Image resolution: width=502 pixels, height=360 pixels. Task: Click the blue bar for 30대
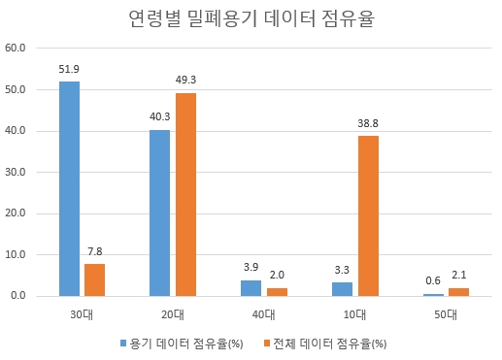click(x=69, y=188)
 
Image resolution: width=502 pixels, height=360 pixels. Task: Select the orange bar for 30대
click(x=94, y=279)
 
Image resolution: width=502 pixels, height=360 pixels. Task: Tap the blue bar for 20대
click(x=160, y=213)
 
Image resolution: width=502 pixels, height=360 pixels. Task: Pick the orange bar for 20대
click(x=185, y=194)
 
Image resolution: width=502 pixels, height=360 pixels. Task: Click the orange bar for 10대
click(x=368, y=215)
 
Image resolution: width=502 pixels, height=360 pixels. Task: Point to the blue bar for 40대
click(x=251, y=287)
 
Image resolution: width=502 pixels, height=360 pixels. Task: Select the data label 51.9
click(x=69, y=70)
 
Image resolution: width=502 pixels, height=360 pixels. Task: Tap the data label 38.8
click(x=368, y=124)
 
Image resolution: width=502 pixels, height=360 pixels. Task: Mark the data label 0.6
click(x=432, y=282)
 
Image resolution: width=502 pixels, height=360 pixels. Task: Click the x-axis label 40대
click(x=263, y=313)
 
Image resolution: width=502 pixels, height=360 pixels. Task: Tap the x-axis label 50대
click(x=446, y=313)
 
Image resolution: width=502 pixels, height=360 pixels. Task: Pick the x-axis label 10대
click(x=354, y=313)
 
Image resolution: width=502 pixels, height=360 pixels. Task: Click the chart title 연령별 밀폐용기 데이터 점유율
click(x=251, y=18)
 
